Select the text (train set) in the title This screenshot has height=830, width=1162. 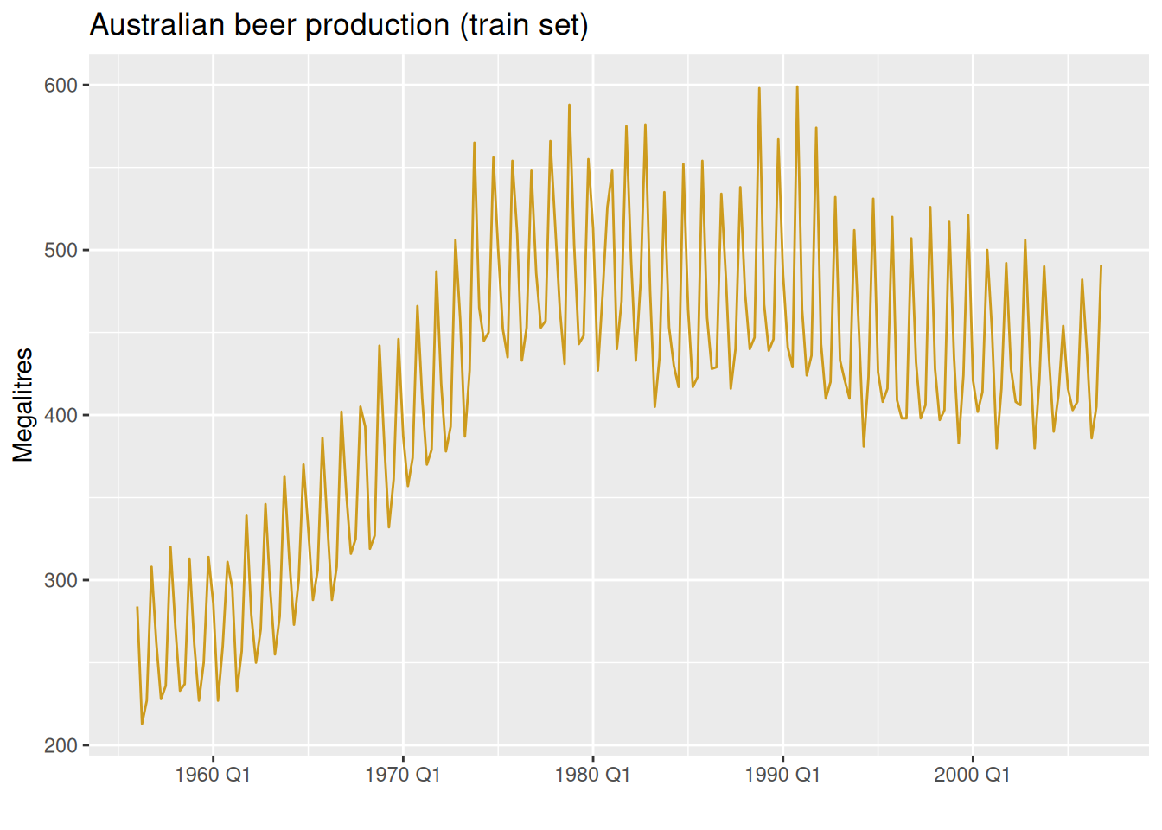point(524,25)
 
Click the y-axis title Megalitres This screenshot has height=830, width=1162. point(23,405)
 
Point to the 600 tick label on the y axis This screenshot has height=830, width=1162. point(61,86)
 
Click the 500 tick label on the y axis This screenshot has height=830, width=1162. point(61,251)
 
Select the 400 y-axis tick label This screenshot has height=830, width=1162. point(61,416)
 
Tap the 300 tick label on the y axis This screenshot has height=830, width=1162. point(61,581)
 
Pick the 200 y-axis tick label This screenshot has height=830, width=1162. point(61,746)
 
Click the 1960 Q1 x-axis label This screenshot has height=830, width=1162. point(213,775)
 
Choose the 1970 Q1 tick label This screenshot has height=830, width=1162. point(402,775)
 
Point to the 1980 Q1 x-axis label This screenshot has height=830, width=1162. point(592,775)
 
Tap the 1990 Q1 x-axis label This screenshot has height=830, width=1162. point(782,775)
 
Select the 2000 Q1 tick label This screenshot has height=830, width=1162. point(972,775)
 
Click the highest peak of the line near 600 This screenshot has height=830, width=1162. point(797,86)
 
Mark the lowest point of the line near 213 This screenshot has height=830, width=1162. point(142,724)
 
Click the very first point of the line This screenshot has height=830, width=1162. point(137,608)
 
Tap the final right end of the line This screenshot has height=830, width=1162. point(1101,266)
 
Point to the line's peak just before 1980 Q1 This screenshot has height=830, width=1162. point(569,105)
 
